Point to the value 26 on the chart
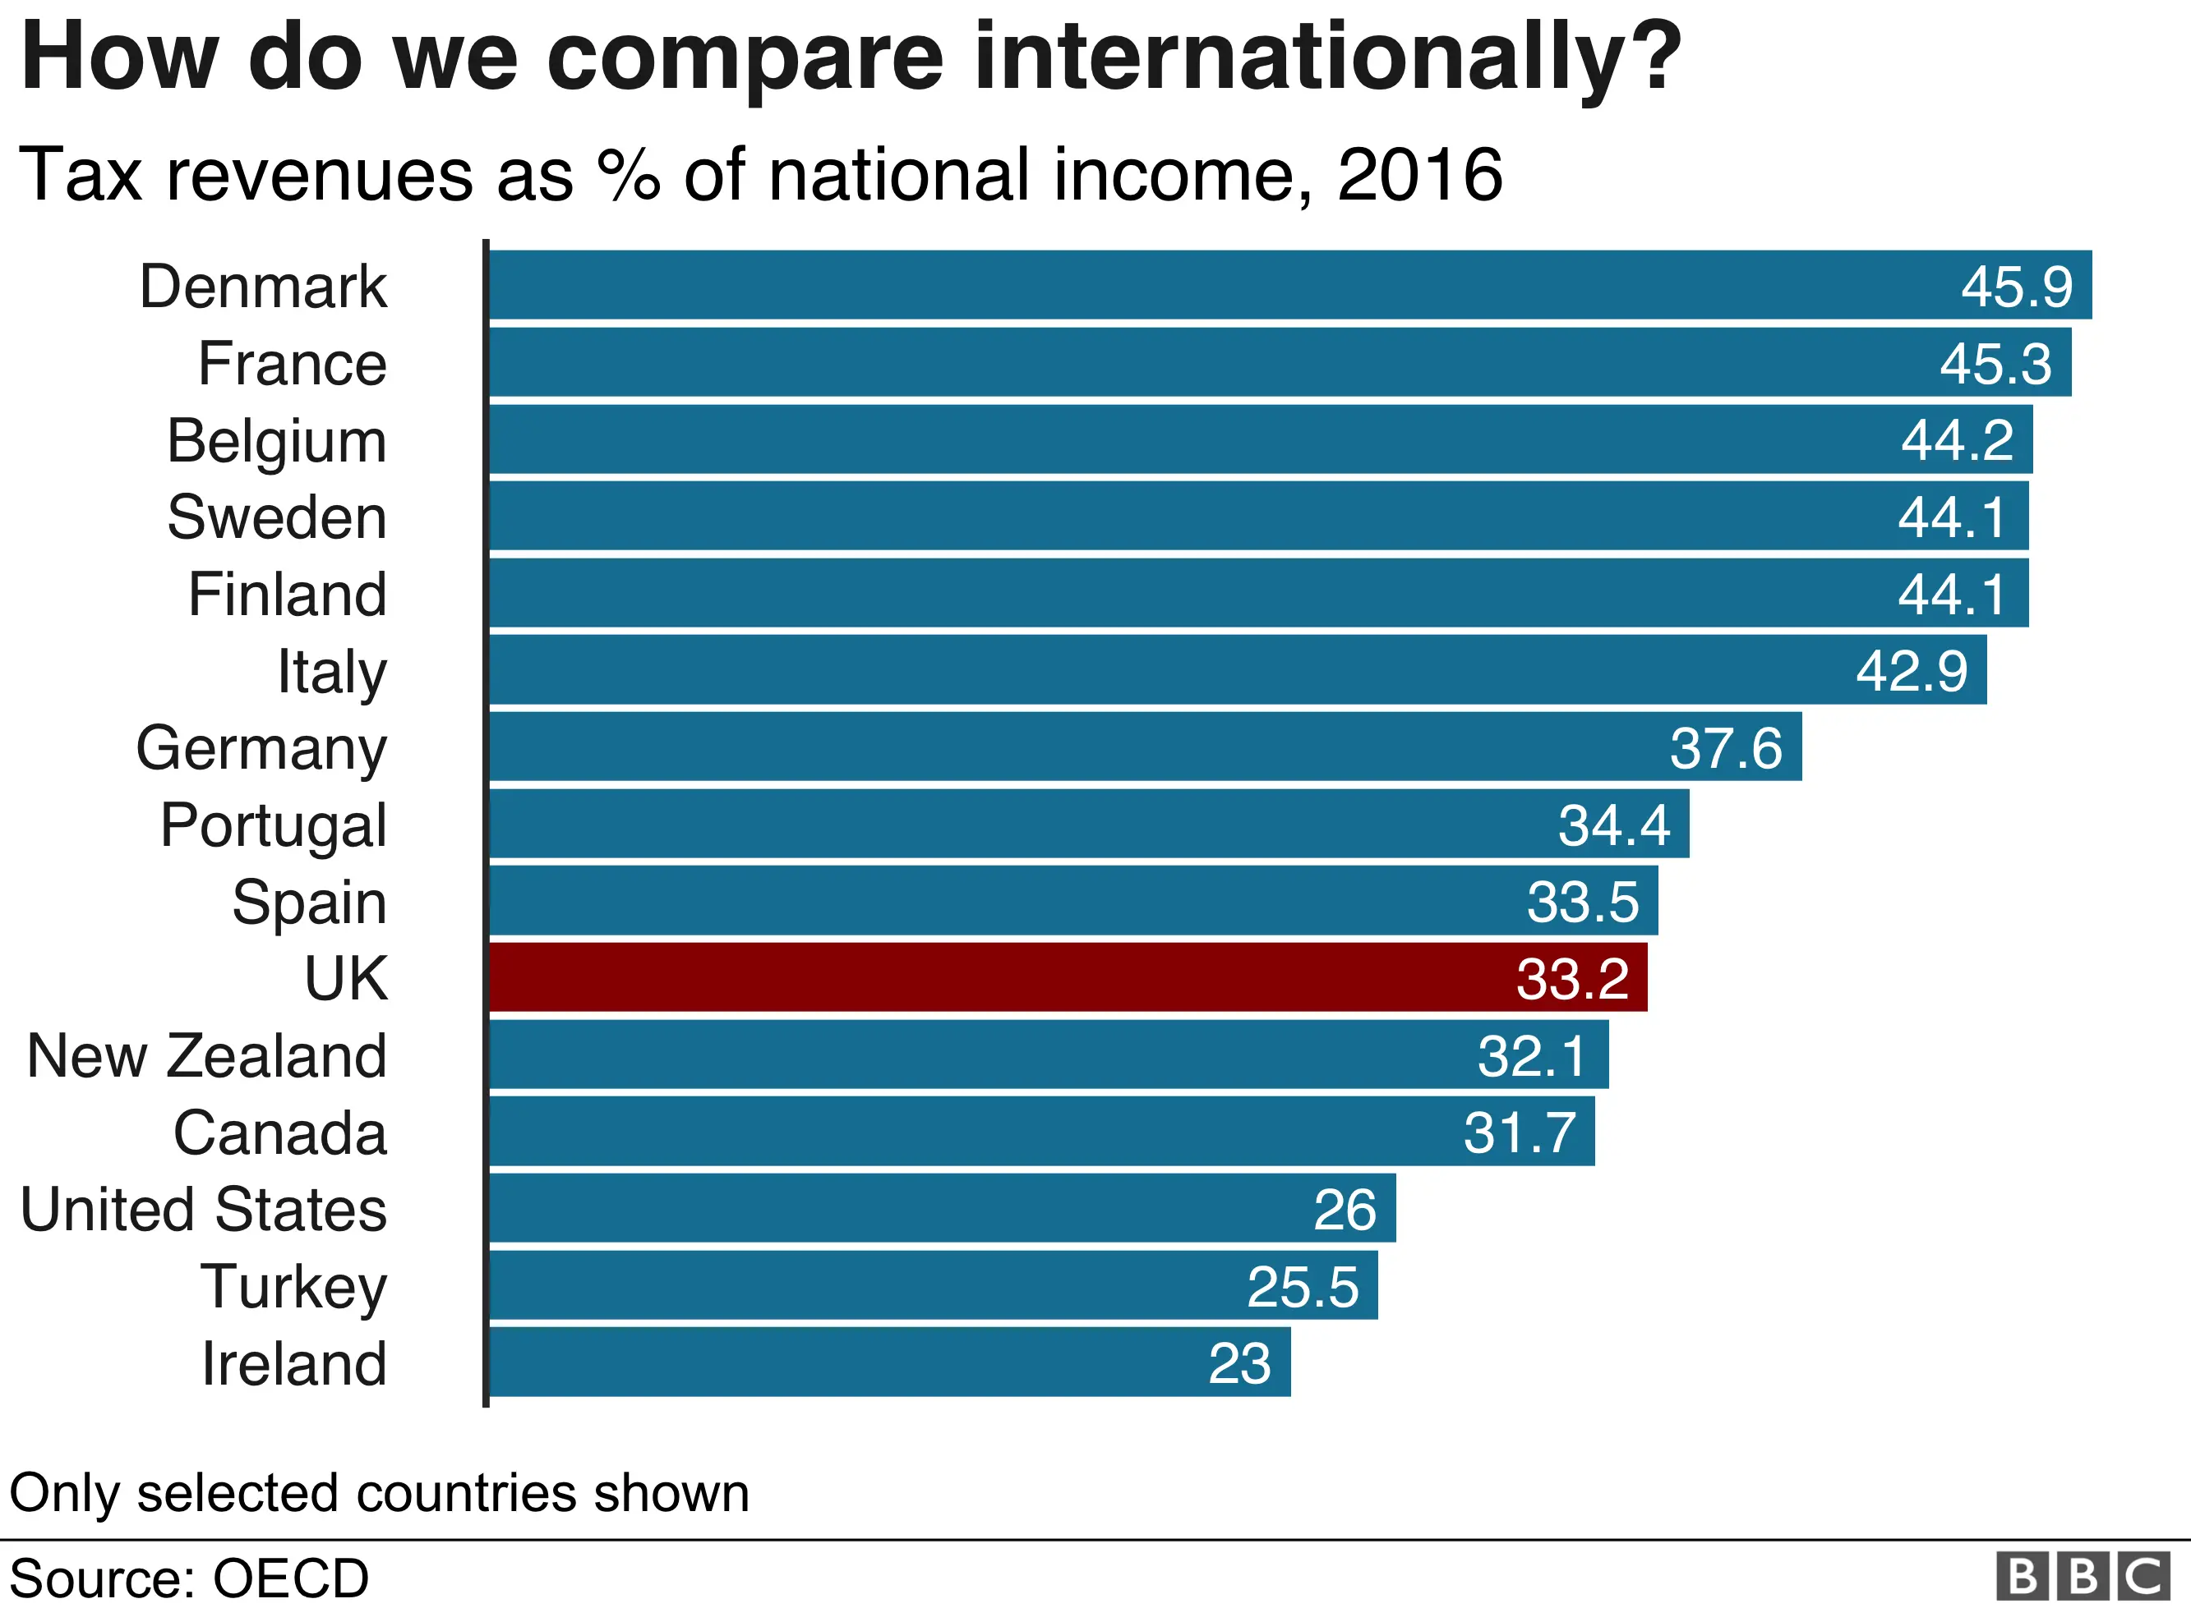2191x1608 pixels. pyautogui.click(x=1344, y=1210)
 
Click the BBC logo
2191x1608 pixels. pyautogui.click(x=2082, y=1576)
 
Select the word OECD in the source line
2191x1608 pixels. pyautogui.click(x=290, y=1578)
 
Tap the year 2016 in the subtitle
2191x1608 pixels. pyautogui.click(x=1420, y=175)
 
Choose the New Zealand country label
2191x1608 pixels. pyautogui.click(x=206, y=1056)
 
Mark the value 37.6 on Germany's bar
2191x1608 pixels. pyautogui.click(x=1726, y=747)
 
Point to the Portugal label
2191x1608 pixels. pyautogui.click(x=274, y=825)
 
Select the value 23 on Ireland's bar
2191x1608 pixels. pyautogui.click(x=1238, y=1364)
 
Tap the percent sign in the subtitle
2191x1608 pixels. pyautogui.click(x=628, y=175)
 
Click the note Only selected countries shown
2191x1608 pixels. pyautogui.click(x=380, y=1492)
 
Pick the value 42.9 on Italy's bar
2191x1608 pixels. pyautogui.click(x=1911, y=671)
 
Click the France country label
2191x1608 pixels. pyautogui.click(x=292, y=364)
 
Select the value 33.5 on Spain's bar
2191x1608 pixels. pyautogui.click(x=1582, y=902)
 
